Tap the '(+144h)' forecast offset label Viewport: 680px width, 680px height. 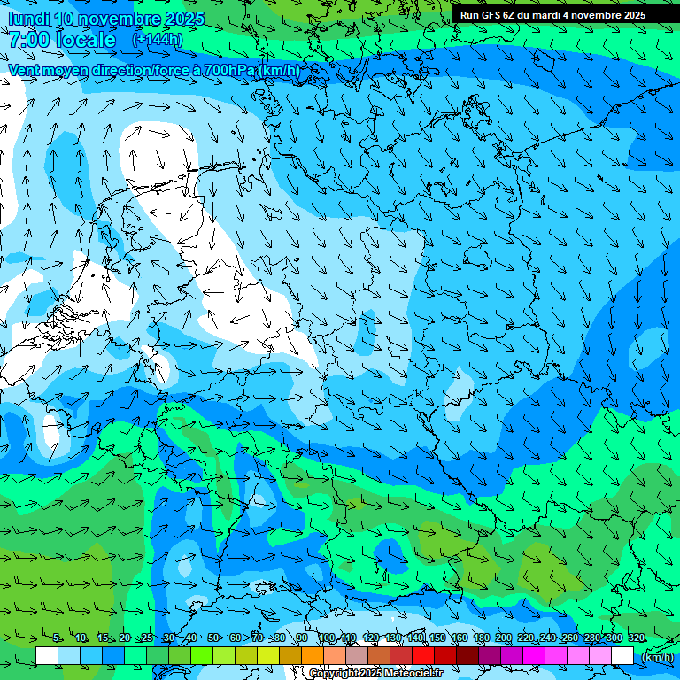tap(157, 40)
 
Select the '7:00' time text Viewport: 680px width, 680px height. tap(30, 40)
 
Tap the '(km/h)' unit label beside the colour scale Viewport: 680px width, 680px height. tap(656, 657)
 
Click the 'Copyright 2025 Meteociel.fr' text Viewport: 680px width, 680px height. tap(375, 674)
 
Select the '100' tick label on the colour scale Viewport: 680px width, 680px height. tap(327, 638)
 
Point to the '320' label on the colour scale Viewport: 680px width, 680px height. tap(636, 638)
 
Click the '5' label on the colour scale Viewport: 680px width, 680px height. tap(57, 638)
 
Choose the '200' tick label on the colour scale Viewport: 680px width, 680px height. tap(503, 638)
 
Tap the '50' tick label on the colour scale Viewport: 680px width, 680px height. tap(213, 638)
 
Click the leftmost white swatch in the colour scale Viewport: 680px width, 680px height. tap(47, 656)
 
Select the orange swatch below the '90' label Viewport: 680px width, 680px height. tap(313, 656)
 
